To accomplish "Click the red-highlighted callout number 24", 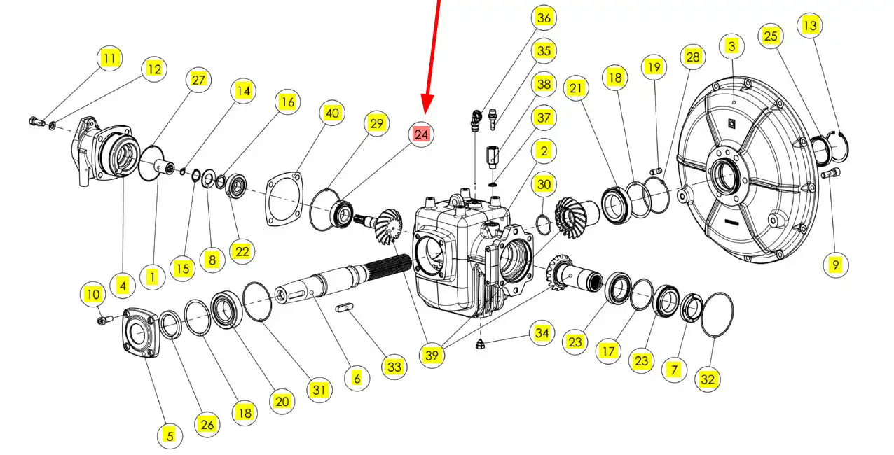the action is [421, 134].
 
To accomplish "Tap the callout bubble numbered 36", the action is [544, 17].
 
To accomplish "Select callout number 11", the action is [110, 58].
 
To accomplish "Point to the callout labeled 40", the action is [332, 113].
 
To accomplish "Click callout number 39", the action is [432, 355].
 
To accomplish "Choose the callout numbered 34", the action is [542, 332].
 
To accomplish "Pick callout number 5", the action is [170, 435].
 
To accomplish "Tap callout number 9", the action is [836, 265].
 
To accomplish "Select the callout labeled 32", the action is [708, 379].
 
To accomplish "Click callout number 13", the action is [810, 25].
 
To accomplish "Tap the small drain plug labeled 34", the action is [481, 344].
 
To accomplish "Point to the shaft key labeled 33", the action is [344, 308].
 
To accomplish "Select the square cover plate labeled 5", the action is [141, 332].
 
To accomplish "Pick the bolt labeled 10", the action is [104, 319].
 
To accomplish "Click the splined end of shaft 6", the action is [389, 266].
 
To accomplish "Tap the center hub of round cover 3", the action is [725, 174].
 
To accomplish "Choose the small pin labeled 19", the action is [656, 171].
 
